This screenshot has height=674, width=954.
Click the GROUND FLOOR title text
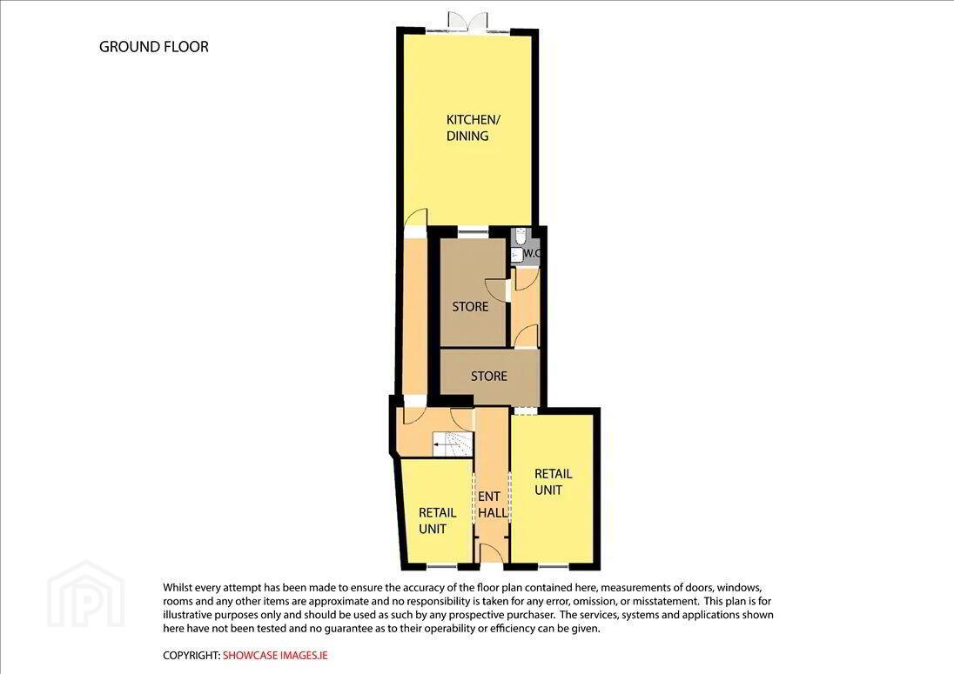coord(154,47)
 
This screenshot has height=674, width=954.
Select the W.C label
coord(532,253)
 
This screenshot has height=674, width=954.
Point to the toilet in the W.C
coord(520,235)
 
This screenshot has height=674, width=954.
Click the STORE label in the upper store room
coord(470,306)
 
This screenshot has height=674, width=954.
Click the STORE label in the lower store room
coord(489,377)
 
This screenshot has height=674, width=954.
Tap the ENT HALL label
coord(492,504)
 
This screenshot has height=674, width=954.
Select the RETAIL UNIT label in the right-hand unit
coord(553,482)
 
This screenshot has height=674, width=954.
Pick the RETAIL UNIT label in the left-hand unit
coord(438,521)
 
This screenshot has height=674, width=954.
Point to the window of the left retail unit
coord(441,566)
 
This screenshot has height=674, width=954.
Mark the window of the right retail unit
coord(554,566)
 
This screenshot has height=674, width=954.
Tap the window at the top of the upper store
coord(473,230)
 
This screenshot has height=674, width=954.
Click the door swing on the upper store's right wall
coord(496,288)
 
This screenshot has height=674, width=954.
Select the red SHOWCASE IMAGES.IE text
coord(275,655)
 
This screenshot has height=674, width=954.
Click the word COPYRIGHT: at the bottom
coord(191,655)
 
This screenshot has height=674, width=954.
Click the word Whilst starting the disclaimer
coord(178,588)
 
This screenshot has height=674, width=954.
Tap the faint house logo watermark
coord(86,594)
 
